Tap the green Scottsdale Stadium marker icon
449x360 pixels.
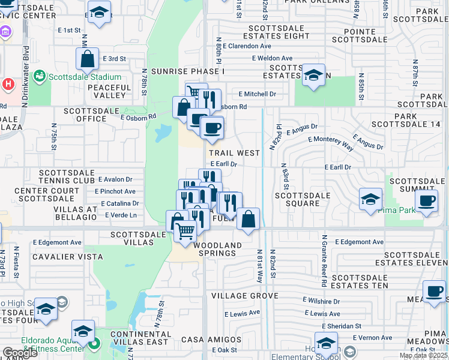pos(40,76)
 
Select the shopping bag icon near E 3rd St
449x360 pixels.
pos(87,59)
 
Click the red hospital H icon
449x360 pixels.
pos(8,83)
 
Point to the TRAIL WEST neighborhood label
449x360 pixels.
pos(234,153)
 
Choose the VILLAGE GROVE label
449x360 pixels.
pos(244,296)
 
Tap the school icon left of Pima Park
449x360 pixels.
pos(370,199)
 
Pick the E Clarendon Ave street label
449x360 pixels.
pos(247,46)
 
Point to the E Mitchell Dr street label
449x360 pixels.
pos(257,94)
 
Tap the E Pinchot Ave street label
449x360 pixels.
pos(115,191)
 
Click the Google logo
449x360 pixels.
pos(20,353)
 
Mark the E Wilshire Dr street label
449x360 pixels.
pos(321,301)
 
